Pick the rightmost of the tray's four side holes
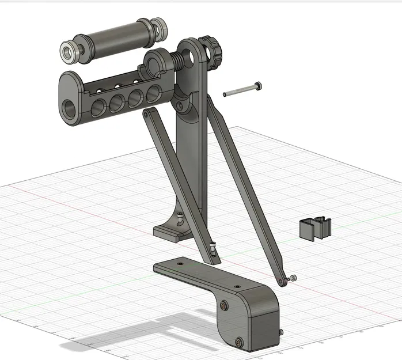153,93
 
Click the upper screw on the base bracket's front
224,304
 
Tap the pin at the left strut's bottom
215,248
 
